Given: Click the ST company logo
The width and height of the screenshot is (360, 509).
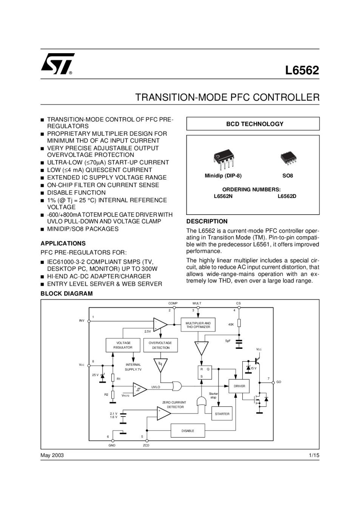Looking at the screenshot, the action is [57, 64].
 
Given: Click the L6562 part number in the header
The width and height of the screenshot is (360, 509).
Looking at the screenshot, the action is [302, 70].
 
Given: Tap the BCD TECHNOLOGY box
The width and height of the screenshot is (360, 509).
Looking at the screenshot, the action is [253, 124].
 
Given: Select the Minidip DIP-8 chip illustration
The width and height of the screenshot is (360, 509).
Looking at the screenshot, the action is [223, 159].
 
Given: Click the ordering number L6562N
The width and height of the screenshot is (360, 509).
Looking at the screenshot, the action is [223, 196].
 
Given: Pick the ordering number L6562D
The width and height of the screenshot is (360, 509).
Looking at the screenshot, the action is [287, 196].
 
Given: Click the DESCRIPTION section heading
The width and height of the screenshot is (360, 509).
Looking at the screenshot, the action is [207, 221].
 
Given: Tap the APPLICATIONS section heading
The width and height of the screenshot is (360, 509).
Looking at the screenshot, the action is [63, 243].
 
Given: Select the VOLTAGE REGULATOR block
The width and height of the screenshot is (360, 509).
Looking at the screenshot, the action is [123, 345].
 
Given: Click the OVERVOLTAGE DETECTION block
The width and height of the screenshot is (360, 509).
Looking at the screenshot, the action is [160, 345].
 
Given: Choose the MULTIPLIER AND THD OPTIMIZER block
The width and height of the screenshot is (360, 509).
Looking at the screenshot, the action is [198, 325].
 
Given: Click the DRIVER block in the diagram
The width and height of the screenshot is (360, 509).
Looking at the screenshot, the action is [239, 386].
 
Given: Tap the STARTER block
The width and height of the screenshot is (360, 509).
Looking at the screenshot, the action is [222, 414].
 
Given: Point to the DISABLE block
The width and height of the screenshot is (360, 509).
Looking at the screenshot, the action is [188, 431].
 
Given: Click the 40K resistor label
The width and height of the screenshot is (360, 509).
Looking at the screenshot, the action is [231, 325].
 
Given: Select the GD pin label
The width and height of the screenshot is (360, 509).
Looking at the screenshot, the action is [279, 382].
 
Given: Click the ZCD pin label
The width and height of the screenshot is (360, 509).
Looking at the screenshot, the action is [146, 445].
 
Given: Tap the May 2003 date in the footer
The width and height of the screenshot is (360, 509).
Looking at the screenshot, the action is [52, 455].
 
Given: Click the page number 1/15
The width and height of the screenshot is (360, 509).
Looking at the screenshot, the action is [314, 455].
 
